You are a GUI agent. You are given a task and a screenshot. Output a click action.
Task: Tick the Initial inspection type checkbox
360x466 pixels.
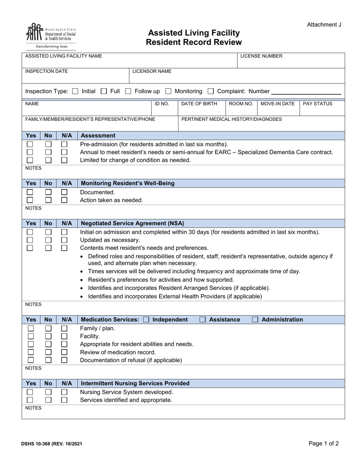tap(75, 91)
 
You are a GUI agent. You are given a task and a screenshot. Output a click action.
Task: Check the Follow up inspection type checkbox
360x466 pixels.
tap(128, 91)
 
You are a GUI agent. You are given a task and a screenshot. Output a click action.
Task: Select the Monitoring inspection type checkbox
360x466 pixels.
tap(168, 91)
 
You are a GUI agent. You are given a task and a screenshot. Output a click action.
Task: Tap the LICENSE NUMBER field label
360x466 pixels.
tap(261, 56)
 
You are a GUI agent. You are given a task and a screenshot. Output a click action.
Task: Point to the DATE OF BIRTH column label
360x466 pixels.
tap(199, 104)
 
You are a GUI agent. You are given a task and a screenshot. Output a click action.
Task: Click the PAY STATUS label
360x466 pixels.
tap(318, 104)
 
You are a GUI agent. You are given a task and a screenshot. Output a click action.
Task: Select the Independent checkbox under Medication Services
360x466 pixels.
tap(146, 320)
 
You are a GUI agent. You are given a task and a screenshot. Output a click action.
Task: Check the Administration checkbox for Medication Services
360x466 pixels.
tap(255, 320)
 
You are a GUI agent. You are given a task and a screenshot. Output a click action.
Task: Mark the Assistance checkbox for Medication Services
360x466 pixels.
tap(203, 320)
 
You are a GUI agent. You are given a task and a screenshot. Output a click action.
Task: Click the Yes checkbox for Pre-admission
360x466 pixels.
tap(30, 144)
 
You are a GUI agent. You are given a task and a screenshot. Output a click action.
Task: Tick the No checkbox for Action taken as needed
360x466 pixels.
tap(48, 200)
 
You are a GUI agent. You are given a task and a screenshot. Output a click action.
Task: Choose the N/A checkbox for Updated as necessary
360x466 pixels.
tap(64, 240)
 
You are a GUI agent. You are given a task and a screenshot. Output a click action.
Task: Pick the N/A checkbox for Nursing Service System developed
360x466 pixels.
tap(64, 392)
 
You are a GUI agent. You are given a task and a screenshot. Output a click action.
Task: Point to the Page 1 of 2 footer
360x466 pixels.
tap(324, 443)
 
